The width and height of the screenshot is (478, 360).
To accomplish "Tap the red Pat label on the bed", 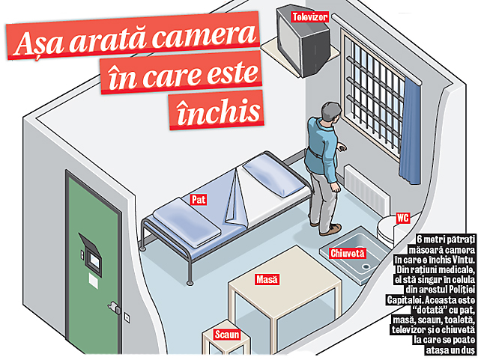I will [x=199, y=200].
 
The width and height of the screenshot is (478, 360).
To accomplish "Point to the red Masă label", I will [x=267, y=278].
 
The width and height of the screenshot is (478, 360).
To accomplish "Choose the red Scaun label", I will [x=227, y=335].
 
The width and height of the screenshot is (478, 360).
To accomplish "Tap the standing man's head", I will [x=326, y=113].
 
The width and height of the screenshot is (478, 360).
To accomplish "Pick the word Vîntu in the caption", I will [x=459, y=258].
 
